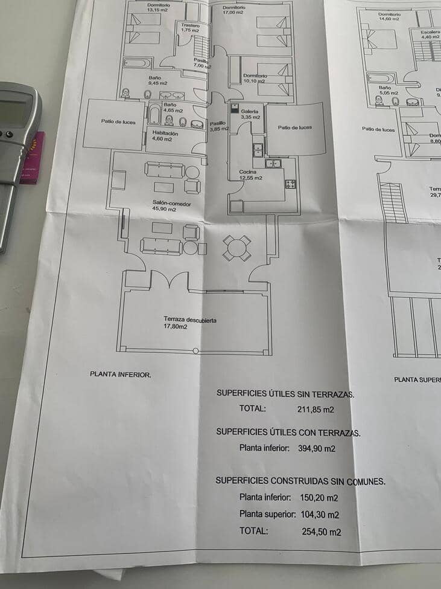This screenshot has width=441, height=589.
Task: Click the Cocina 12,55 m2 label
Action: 250,175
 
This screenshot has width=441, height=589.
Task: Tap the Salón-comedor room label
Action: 171,207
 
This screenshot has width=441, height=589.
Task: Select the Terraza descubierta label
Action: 189,323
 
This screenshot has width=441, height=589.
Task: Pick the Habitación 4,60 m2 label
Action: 165,135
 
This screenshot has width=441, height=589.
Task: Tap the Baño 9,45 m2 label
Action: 157,80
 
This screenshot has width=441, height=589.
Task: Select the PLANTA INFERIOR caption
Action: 120,375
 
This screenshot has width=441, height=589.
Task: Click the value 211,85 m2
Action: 316,409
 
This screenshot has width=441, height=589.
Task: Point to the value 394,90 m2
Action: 316,448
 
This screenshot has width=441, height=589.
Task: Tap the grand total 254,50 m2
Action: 321,532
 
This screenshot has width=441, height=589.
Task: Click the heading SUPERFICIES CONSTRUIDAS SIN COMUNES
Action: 300,481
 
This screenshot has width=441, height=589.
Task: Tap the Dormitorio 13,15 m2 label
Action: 158,7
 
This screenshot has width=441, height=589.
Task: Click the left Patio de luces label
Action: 118,122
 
